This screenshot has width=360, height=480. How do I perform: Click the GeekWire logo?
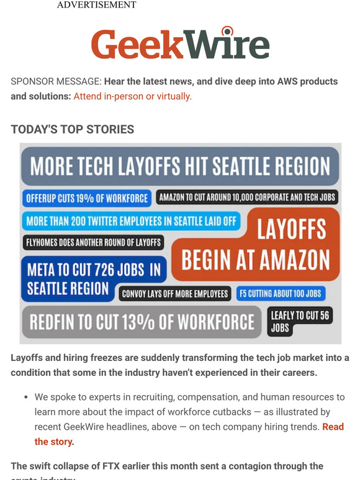pyautogui.click(x=180, y=43)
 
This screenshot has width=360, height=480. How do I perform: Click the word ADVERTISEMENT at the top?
pyautogui.click(x=96, y=5)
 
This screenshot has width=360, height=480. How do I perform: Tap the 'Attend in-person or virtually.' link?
pyautogui.click(x=132, y=96)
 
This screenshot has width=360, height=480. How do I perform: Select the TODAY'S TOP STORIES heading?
pyautogui.click(x=73, y=130)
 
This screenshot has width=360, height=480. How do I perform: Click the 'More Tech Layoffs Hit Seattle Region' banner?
pyautogui.click(x=180, y=166)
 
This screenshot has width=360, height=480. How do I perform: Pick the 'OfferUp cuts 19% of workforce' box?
pyautogui.click(x=87, y=198)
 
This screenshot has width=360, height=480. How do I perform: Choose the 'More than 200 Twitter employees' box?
pyautogui.click(x=132, y=221)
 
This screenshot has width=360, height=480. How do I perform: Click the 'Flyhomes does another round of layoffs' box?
pyautogui.click(x=93, y=242)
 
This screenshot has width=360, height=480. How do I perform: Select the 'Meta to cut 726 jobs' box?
pyautogui.click(x=93, y=278)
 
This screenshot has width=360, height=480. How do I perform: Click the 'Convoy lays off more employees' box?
pyautogui.click(x=175, y=293)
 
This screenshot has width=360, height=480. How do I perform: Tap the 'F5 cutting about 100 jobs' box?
pyautogui.click(x=281, y=293)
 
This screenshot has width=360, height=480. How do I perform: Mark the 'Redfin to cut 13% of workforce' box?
pyautogui.click(x=142, y=322)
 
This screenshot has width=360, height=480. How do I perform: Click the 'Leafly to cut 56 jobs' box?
pyautogui.click(x=300, y=321)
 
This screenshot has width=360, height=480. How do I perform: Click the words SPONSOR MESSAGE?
pyautogui.click(x=55, y=82)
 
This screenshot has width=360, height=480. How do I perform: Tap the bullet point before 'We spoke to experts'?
pyautogui.click(x=25, y=397)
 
